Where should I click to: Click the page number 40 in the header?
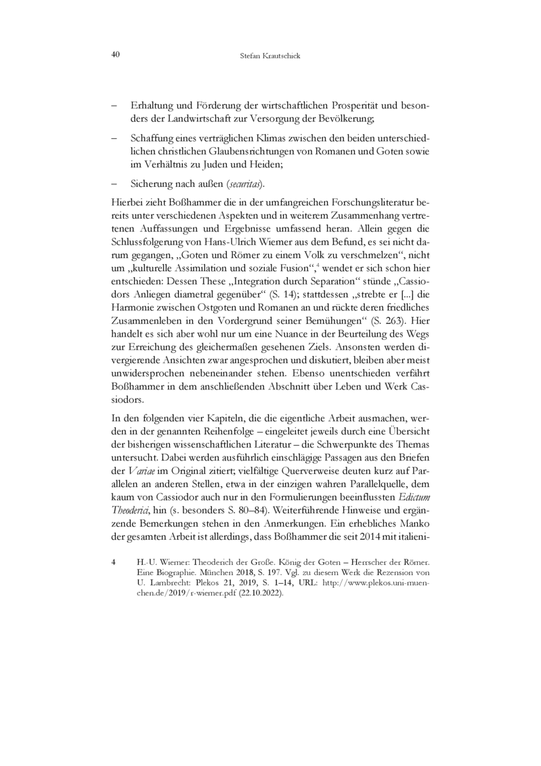(116, 54)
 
